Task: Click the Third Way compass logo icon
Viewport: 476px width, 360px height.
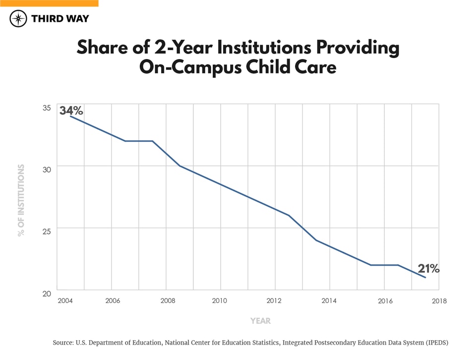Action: [18, 18]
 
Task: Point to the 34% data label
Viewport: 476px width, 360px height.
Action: [71, 110]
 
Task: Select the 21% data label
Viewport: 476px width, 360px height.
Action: [428, 269]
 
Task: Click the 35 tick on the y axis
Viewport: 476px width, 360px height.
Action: [46, 107]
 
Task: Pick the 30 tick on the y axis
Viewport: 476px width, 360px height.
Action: [46, 169]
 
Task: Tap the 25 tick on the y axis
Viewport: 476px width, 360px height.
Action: [46, 231]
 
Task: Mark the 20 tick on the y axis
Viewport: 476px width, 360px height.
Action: [46, 293]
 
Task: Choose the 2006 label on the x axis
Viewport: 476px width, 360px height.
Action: [113, 301]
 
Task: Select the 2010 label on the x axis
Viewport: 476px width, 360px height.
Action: [220, 301]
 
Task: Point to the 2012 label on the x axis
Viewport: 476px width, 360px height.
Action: [274, 301]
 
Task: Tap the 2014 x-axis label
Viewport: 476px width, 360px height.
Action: [329, 301]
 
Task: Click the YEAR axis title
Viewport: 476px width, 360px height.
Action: [260, 321]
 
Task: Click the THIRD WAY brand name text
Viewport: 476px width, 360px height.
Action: [59, 18]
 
